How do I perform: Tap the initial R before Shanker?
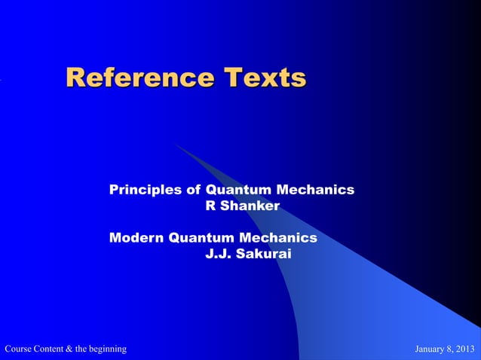tap(210, 206)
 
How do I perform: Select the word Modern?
tap(136, 238)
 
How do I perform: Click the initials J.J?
tap(218, 254)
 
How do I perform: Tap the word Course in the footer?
tap(19, 349)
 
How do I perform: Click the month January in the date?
tap(432, 349)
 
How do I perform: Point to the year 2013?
tap(467, 349)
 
